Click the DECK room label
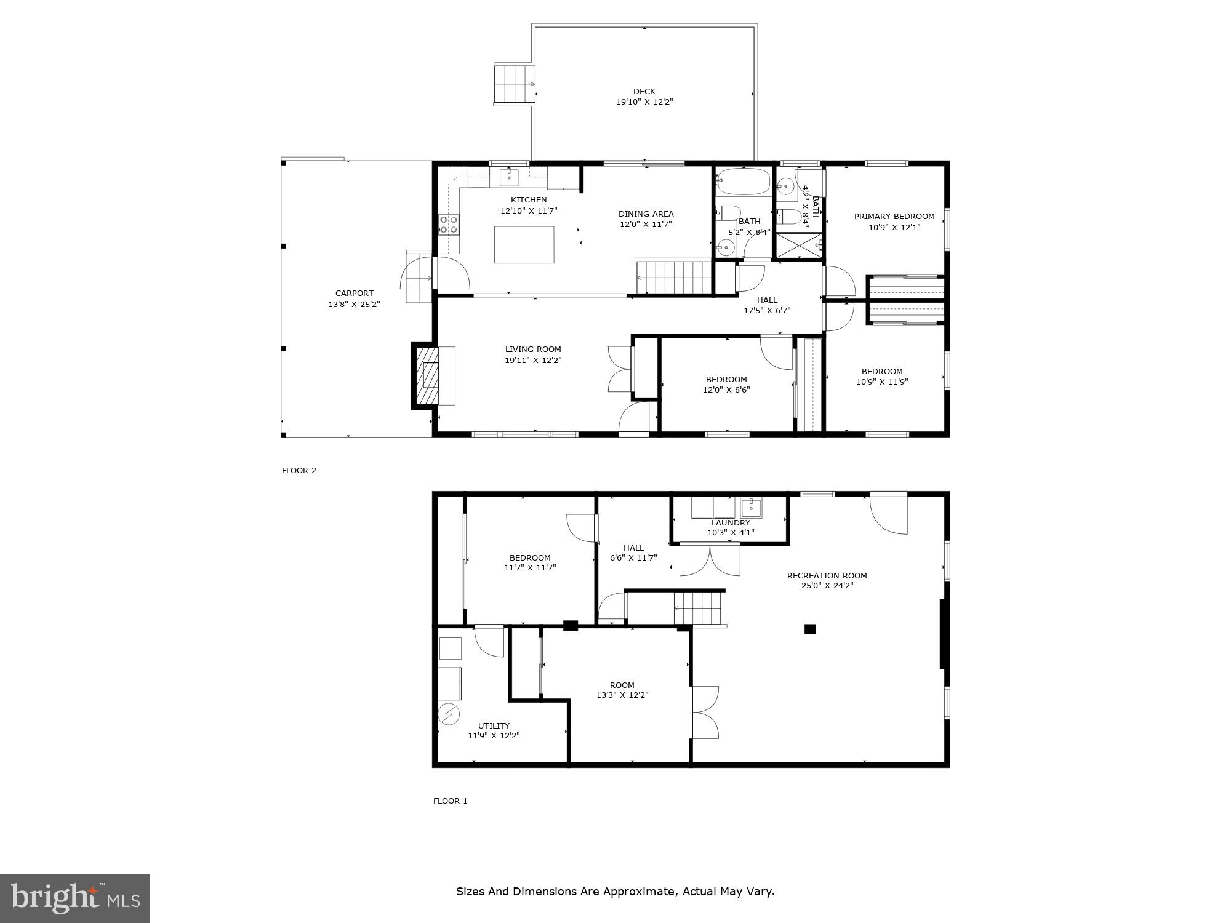click(644, 92)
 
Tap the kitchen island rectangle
click(524, 245)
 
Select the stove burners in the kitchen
click(449, 225)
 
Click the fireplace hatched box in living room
click(428, 376)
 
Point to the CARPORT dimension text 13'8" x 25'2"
click(354, 304)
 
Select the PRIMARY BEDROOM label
click(894, 217)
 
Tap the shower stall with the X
click(798, 246)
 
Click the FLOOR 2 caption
click(299, 471)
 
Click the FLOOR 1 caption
click(451, 801)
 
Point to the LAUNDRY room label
click(731, 523)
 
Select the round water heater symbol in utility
click(449, 714)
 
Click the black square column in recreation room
click(810, 629)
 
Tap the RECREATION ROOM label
click(827, 576)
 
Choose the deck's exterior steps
click(513, 84)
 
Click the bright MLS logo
click(75, 898)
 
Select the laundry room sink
click(751, 508)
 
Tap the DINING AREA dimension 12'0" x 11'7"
click(646, 225)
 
